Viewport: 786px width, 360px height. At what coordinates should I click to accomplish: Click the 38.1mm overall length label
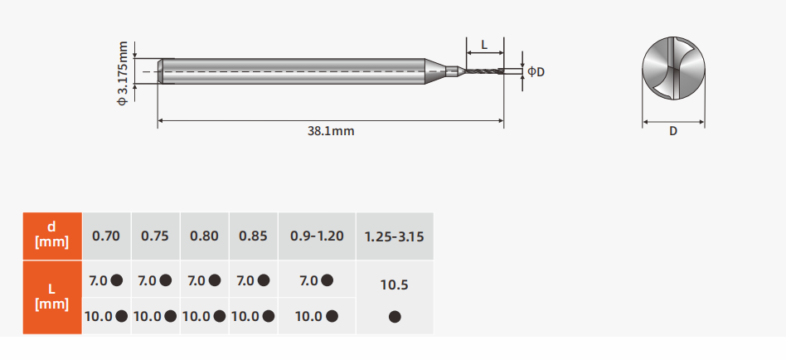coord(331,131)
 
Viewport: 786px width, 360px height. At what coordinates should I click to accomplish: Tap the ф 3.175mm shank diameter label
coord(123,74)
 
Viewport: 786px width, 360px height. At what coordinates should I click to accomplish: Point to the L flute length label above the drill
coord(484,45)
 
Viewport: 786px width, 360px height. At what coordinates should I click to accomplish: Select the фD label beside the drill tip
coord(536,71)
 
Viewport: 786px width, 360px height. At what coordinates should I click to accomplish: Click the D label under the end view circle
coord(673,131)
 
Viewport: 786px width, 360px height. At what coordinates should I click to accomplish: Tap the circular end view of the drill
coord(673,68)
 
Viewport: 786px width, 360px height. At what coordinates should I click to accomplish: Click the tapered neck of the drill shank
coord(435,71)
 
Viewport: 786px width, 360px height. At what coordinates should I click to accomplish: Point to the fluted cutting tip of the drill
coord(483,71)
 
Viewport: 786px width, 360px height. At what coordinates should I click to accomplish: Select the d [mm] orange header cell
coord(52,236)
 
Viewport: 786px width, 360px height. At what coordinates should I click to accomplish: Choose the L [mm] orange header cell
coord(52,297)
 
